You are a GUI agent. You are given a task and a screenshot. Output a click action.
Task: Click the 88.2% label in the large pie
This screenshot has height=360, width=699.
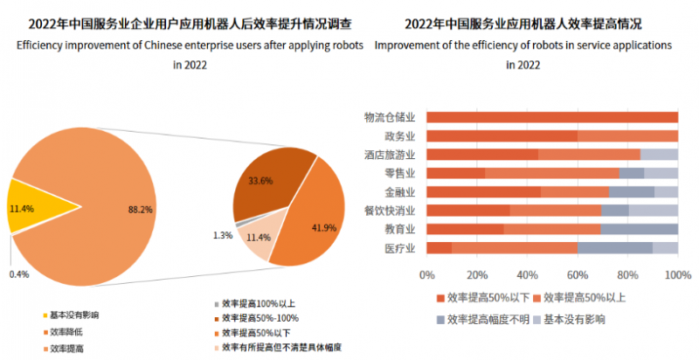139,209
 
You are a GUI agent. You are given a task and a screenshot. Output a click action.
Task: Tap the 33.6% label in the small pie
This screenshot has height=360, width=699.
261,181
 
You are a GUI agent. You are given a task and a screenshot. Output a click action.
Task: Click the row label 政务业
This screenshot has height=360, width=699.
399,136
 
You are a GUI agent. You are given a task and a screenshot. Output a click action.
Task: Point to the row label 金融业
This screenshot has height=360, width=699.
399,191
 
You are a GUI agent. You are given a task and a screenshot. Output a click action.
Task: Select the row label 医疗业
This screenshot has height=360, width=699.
399,248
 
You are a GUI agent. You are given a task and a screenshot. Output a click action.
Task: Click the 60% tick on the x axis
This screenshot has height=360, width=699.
578,275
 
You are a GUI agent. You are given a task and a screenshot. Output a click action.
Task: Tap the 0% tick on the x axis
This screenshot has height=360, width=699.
427,275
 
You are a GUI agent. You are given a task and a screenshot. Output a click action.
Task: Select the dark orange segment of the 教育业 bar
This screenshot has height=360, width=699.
465,229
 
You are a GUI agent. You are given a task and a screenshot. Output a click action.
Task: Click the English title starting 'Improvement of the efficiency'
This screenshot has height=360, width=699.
523,43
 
